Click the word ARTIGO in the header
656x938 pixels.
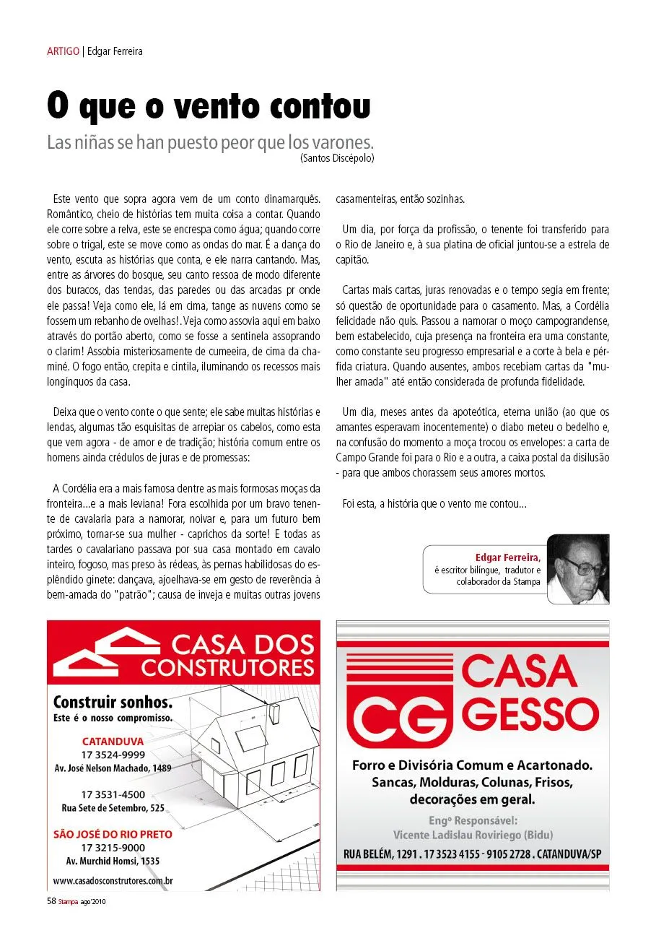pyautogui.click(x=63, y=51)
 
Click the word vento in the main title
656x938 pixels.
pyautogui.click(x=221, y=106)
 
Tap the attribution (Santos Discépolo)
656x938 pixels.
pyautogui.click(x=337, y=157)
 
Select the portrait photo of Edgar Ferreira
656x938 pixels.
pyautogui.click(x=577, y=568)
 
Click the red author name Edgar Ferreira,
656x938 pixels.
pyautogui.click(x=507, y=557)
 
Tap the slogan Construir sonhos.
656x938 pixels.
pyautogui.click(x=113, y=702)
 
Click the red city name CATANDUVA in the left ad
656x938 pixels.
pyautogui.click(x=113, y=742)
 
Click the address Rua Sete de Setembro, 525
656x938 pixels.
pyautogui.click(x=113, y=807)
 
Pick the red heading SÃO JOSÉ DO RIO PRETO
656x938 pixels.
pyautogui.click(x=113, y=834)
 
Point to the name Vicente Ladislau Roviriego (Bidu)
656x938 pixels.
pyautogui.click(x=473, y=835)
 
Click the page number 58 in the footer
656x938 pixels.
pyautogui.click(x=51, y=901)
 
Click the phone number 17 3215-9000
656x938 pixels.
pyautogui.click(x=113, y=848)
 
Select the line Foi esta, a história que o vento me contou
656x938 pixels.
pyautogui.click(x=434, y=504)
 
